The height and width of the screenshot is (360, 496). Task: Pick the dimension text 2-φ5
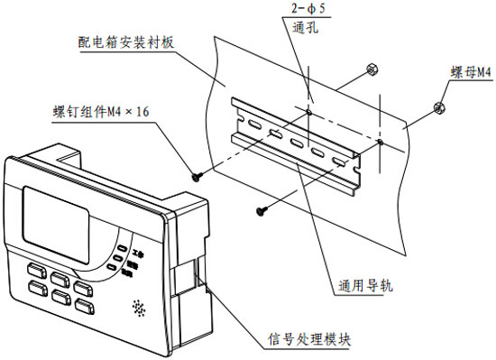tap(306, 10)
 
